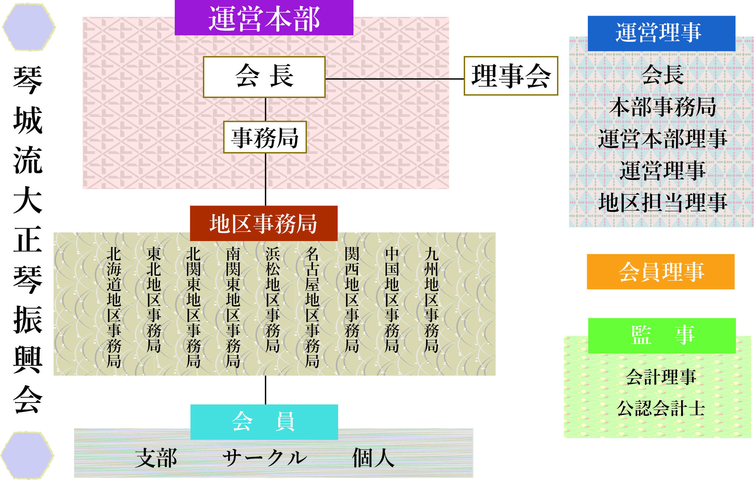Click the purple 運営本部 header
[x=264, y=18]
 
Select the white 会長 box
[x=264, y=77]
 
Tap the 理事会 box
[x=511, y=76]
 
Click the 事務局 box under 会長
[x=265, y=137]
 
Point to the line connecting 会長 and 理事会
[x=395, y=79]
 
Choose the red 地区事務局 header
[x=264, y=223]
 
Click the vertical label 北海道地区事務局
[x=114, y=307]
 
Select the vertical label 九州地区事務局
[x=432, y=300]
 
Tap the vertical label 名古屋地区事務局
[x=312, y=307]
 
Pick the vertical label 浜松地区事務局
[x=273, y=300]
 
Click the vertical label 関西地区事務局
[x=352, y=300]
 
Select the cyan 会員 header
[x=264, y=422]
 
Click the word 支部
[x=156, y=458]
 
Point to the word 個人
[x=373, y=458]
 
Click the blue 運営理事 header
[x=662, y=33]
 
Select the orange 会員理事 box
[x=661, y=271]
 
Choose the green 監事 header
[x=662, y=336]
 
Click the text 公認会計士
[x=661, y=408]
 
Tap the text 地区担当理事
[x=662, y=203]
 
